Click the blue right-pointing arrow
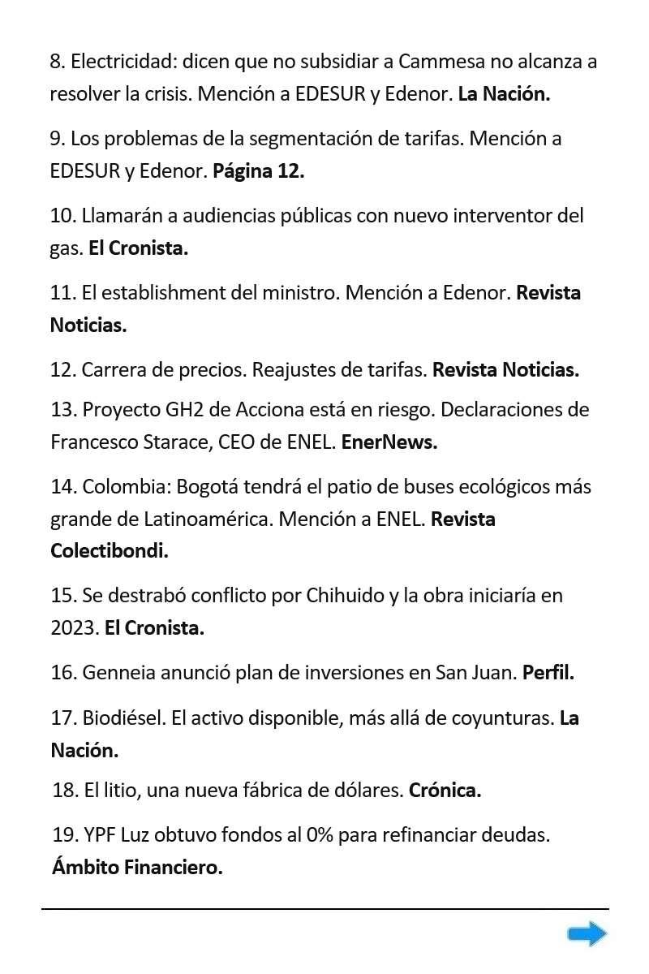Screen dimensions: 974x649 (x=587, y=934)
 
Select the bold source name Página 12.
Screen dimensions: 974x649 (x=258, y=171)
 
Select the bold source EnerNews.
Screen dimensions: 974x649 (x=389, y=442)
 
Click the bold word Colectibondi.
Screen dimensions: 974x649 (x=109, y=551)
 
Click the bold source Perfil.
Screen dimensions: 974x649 (x=548, y=673)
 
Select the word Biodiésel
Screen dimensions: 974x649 (x=123, y=718)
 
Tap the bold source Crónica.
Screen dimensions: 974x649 (x=445, y=790)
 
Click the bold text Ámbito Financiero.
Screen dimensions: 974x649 (x=137, y=868)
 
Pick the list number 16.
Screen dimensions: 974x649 (x=62, y=673)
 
